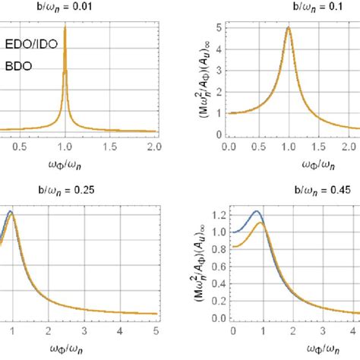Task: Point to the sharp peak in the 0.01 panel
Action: coord(65,27)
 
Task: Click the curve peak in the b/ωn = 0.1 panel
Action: coord(289,28)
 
